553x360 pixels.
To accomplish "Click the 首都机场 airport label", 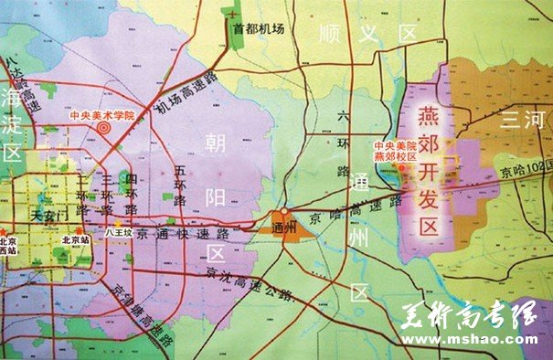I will tap(259, 28).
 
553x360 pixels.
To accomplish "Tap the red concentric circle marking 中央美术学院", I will tap(103, 129).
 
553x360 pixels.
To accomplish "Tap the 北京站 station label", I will tap(72, 239).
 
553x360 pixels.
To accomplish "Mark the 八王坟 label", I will tap(119, 232).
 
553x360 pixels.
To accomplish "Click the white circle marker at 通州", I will tap(284, 211).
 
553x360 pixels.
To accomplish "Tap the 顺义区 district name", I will tap(366, 33).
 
